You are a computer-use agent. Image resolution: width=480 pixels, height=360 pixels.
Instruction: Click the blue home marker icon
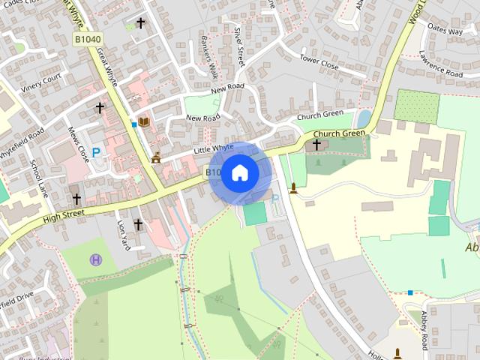[239, 172]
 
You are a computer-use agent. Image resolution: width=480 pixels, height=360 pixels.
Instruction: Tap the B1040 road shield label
[88, 38]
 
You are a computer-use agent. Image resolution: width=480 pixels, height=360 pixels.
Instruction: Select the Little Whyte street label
[214, 149]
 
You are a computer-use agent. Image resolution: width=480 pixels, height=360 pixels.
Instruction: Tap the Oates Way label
[445, 31]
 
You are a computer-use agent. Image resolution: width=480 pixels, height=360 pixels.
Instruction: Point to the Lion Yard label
[123, 235]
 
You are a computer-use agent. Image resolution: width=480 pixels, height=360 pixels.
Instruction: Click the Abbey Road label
[424, 330]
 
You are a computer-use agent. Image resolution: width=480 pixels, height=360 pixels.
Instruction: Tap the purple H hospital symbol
[96, 260]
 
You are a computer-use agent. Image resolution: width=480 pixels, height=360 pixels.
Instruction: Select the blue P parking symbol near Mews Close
[96, 152]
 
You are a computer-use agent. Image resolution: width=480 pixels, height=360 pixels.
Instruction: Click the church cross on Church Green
[316, 144]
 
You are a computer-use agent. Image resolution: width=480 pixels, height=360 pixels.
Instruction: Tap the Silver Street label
[239, 46]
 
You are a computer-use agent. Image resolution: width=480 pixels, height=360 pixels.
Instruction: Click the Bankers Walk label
[208, 55]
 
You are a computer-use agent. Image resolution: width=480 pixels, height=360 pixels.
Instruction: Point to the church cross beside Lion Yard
[138, 223]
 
